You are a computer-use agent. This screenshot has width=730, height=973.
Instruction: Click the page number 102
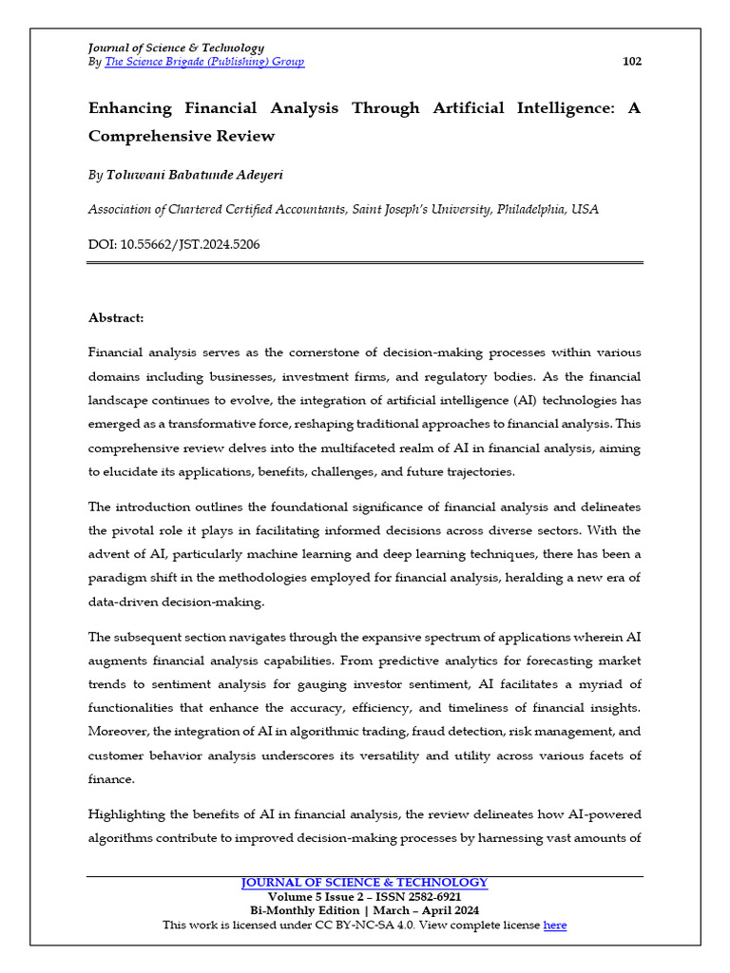coord(632,62)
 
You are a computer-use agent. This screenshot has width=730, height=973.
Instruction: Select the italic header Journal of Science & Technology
coord(176,48)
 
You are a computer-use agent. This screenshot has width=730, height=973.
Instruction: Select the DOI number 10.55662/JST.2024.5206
coord(190,244)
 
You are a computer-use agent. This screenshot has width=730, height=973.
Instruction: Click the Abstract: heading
coord(116,317)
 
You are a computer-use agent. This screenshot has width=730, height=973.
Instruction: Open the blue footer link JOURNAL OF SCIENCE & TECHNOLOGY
coord(365,883)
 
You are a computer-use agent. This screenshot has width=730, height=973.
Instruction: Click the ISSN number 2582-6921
coord(430,897)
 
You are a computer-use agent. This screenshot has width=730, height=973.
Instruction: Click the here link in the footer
coord(555,925)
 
